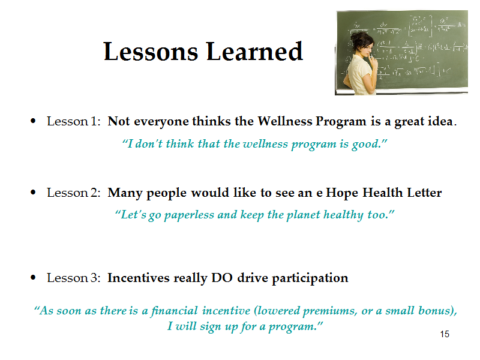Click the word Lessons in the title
151,52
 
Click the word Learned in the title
254,51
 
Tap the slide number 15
445,334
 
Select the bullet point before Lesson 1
33,121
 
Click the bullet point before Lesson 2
33,193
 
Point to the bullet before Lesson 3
33,278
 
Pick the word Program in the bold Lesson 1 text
341,122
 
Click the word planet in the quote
303,215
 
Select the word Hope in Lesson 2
341,193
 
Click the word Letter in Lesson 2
424,193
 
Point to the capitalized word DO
222,278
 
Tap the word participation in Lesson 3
310,278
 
